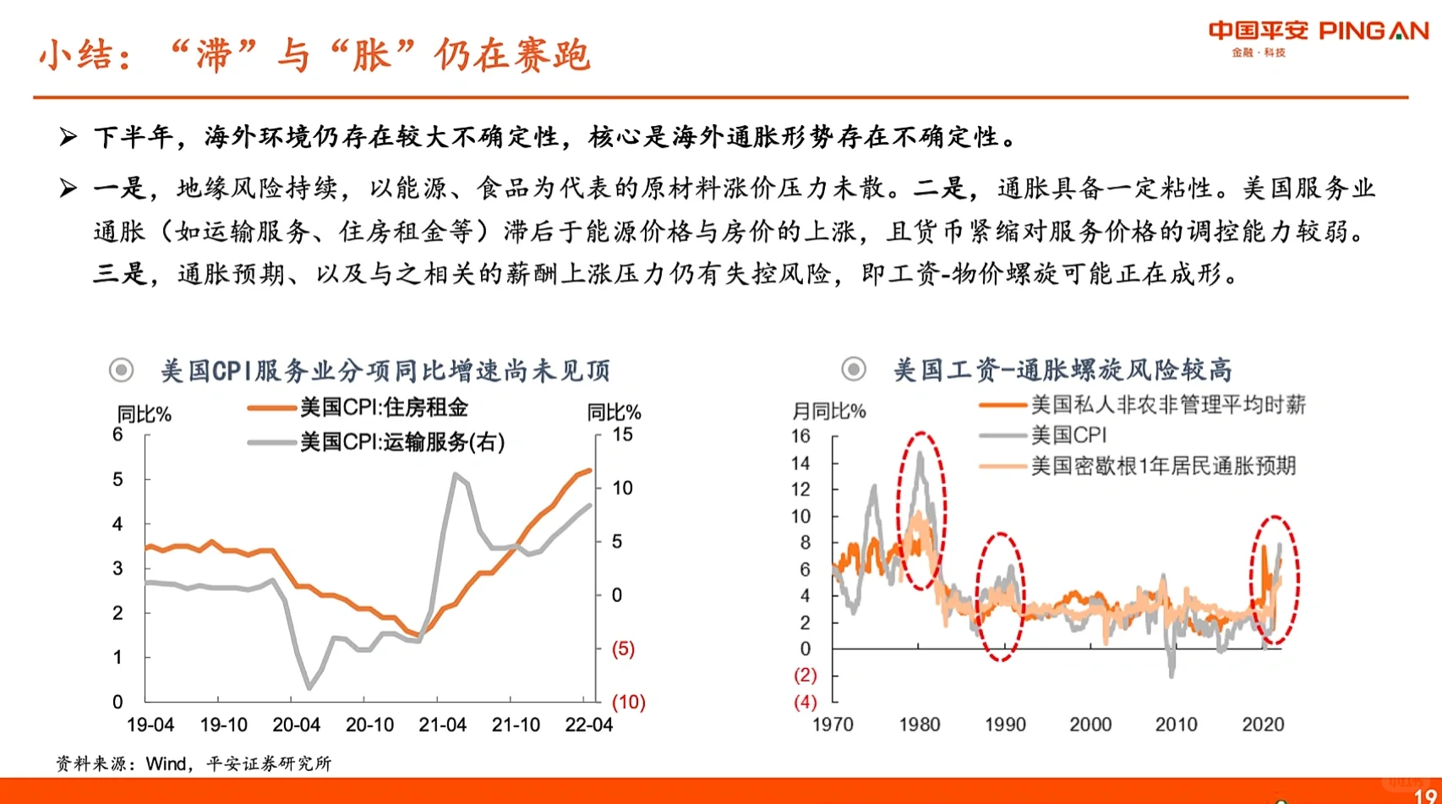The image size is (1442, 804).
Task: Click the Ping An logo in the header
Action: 1318,36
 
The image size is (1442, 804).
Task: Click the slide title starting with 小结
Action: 314,56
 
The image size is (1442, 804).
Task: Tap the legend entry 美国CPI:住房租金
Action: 383,407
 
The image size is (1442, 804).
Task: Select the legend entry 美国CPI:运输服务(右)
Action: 401,441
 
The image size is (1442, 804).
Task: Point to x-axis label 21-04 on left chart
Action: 442,725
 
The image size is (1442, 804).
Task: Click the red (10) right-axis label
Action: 628,702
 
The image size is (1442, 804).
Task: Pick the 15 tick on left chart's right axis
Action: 622,435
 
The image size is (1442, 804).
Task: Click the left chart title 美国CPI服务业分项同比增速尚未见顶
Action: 385,370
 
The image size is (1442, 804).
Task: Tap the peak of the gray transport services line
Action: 456,475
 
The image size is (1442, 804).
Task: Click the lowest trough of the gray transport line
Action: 309,687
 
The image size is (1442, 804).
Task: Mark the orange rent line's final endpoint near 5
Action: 589,470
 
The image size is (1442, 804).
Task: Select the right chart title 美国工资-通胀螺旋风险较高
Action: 1062,369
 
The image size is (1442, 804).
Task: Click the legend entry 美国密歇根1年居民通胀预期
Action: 1162,466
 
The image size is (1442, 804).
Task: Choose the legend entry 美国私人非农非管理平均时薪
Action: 1167,405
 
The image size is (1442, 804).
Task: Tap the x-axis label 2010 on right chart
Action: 1176,725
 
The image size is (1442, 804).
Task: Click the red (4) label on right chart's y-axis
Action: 805,702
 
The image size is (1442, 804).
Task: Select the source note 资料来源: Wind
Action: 194,763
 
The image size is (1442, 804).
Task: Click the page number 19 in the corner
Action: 1425,796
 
